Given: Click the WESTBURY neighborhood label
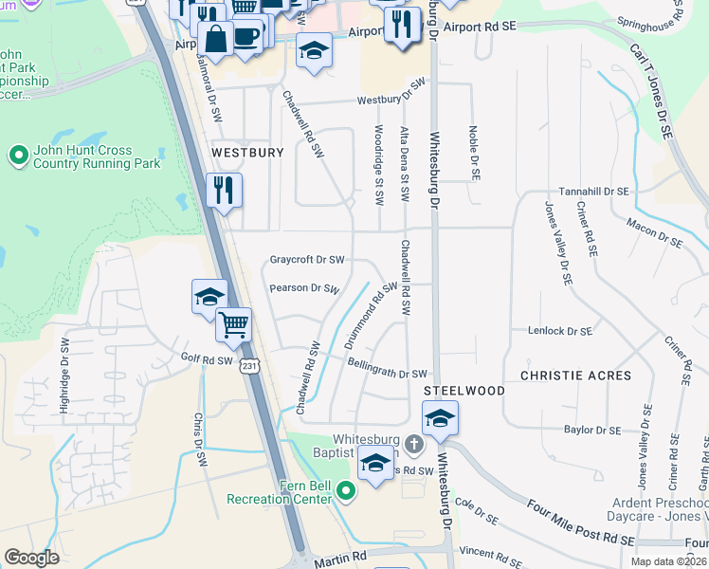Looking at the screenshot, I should point(247,152).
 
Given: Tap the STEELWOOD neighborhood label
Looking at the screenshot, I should point(464,391).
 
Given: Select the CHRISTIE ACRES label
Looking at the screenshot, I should point(583,376).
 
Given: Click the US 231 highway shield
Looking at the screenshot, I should point(248,365).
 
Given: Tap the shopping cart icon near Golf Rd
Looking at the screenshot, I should point(233,325).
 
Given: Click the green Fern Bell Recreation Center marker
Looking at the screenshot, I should point(346,489).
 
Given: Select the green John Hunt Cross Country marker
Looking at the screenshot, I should point(17,155).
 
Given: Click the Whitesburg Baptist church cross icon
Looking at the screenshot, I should point(413,444).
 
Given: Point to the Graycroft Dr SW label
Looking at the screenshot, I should point(306,259).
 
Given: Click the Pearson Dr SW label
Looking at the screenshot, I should point(304,288).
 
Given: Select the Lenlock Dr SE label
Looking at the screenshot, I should point(559,331).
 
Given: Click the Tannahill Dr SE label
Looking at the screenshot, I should point(593,191).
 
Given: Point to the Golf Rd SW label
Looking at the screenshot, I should point(206,360).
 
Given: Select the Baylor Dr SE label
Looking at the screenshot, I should point(591,430).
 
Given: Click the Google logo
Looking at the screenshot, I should point(31,558).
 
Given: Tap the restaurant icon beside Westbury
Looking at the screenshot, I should point(225,191).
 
